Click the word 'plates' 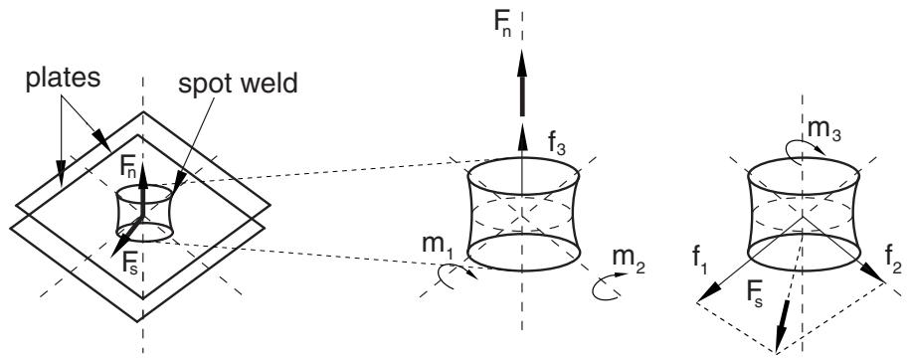63,79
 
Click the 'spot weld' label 238,85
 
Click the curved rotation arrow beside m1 456,277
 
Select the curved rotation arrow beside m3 805,146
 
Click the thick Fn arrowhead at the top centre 522,62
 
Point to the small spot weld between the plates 144,214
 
